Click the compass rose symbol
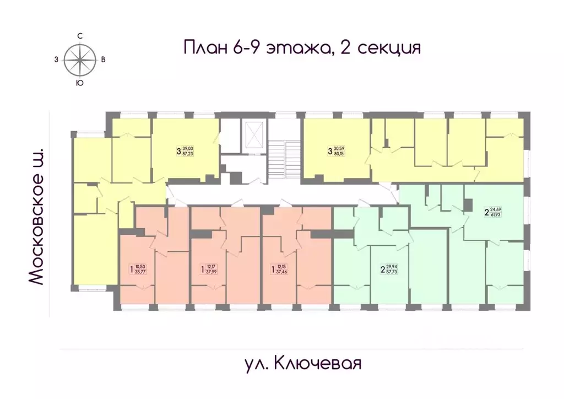80,59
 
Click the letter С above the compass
80,36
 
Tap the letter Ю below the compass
80,83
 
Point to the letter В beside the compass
104,60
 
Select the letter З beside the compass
56,60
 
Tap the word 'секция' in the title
389,48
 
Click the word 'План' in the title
204,47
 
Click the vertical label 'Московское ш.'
35,216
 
